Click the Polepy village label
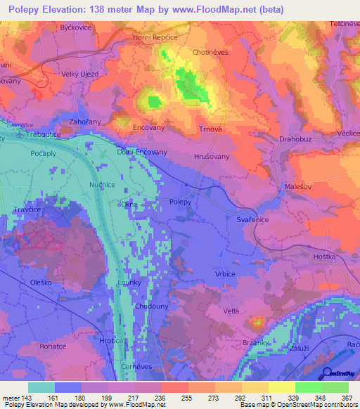click(x=181, y=202)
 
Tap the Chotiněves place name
click(x=212, y=52)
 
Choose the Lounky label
click(x=129, y=283)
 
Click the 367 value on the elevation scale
click(x=347, y=397)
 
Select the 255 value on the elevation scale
click(x=187, y=397)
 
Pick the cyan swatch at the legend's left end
click(x=41, y=387)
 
